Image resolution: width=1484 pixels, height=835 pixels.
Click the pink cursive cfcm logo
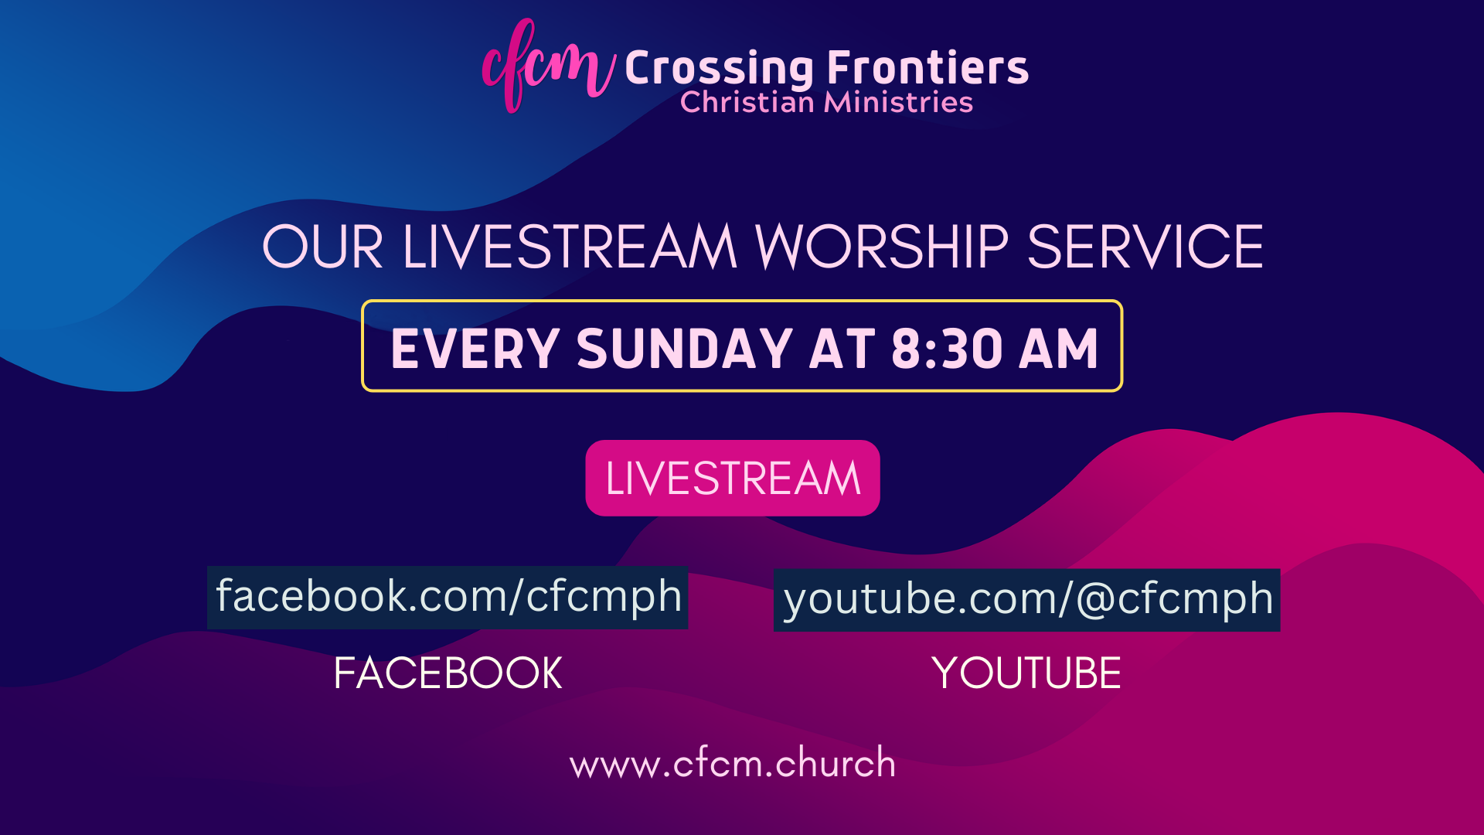(547, 66)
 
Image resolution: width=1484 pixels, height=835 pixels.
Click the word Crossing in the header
(719, 70)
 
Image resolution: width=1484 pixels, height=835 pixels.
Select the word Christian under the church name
(747, 102)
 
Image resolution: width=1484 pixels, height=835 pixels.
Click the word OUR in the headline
(323, 247)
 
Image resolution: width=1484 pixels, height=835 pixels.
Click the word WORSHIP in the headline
(882, 247)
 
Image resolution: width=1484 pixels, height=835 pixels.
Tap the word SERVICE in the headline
(1145, 247)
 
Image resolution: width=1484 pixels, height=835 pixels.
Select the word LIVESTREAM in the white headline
(570, 247)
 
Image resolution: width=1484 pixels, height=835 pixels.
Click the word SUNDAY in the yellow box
(685, 349)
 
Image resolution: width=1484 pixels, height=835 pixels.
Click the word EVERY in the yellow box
(475, 349)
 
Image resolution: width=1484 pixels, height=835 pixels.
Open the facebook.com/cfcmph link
(448, 597)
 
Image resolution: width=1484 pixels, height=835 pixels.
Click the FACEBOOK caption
(448, 673)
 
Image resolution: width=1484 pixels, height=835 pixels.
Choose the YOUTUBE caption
(1026, 673)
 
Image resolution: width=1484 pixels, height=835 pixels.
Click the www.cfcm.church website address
(733, 763)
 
